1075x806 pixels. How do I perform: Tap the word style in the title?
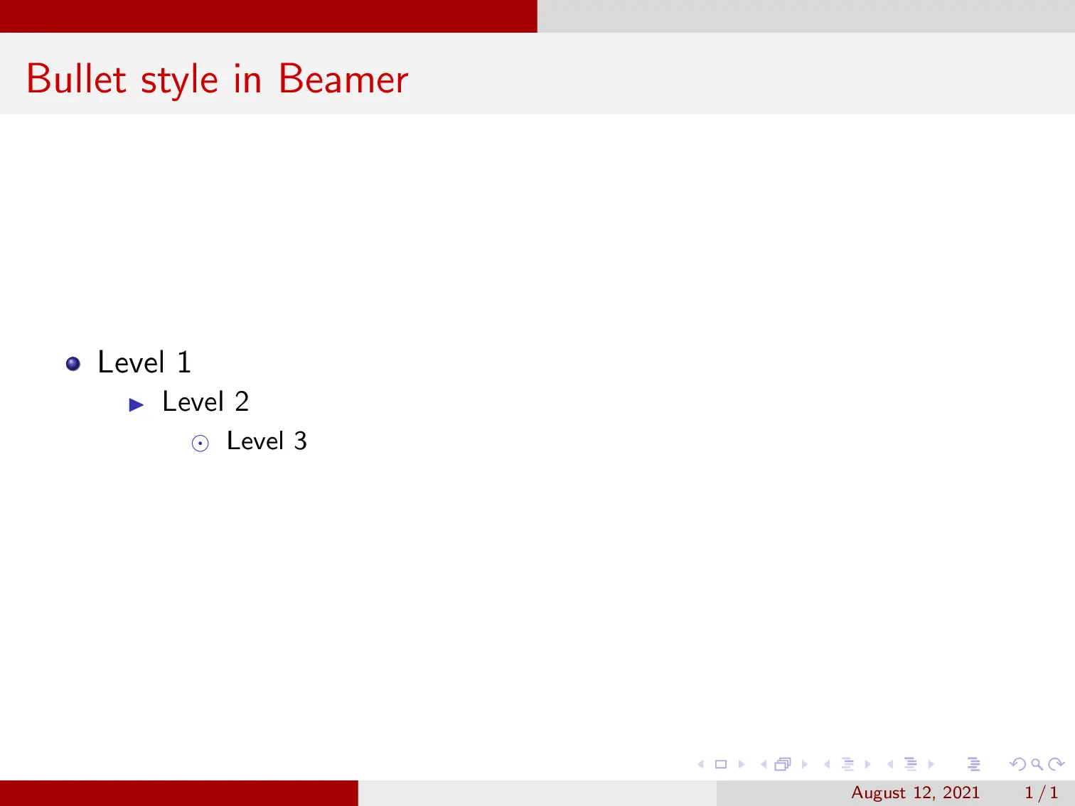[x=179, y=80]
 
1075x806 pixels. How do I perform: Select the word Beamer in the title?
[x=343, y=79]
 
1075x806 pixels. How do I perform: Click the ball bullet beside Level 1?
[x=73, y=365]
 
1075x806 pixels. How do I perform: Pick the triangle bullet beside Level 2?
[x=137, y=405]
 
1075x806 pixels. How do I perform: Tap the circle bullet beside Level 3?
[x=200, y=444]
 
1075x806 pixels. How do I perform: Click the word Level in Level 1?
[x=131, y=362]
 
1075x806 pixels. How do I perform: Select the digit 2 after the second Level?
[x=242, y=402]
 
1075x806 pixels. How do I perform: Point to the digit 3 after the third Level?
[x=301, y=441]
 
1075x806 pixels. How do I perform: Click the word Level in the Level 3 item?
[x=255, y=441]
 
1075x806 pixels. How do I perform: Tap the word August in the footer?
[x=878, y=793]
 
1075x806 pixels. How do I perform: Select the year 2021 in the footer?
[x=961, y=792]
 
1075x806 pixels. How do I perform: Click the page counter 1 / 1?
[x=1042, y=792]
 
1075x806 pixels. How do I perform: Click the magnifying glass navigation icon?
[x=1037, y=765]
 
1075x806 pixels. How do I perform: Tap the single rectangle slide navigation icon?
[x=721, y=765]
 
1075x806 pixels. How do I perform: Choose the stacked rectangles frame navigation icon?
[x=783, y=765]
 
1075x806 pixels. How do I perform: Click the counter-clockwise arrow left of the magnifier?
[x=1017, y=765]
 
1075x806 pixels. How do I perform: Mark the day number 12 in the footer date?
[x=924, y=792]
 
